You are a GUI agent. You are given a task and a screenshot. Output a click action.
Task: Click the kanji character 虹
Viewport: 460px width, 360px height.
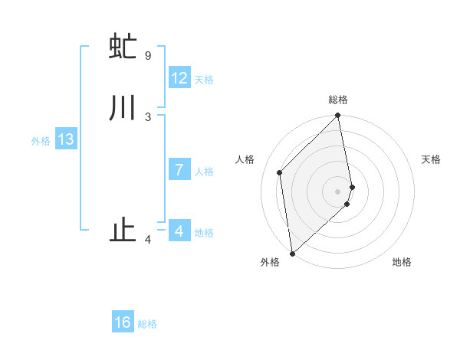[x=123, y=47]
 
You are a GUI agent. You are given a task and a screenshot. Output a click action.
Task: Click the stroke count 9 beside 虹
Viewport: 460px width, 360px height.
[x=147, y=55]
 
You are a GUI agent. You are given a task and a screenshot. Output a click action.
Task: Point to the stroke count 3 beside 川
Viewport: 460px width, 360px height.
[x=147, y=116]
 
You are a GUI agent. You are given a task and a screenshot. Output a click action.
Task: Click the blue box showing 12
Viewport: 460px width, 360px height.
[x=179, y=78]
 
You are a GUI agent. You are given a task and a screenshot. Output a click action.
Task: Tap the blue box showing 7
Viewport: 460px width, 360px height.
[x=179, y=170]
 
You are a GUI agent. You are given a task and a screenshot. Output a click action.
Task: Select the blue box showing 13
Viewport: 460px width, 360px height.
[x=66, y=139]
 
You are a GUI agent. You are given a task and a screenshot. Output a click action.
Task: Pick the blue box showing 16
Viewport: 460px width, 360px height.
[x=123, y=322]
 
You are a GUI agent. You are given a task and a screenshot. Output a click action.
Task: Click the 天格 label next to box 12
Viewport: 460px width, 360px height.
[x=204, y=79]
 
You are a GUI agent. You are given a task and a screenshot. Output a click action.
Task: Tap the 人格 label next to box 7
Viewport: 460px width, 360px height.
[x=204, y=171]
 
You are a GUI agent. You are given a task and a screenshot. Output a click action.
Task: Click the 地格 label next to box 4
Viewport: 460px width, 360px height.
[x=204, y=232]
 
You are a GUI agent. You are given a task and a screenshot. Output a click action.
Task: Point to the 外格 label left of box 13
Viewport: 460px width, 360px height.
[x=41, y=140]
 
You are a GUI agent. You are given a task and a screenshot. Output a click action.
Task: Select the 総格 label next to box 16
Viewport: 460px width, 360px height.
[x=147, y=323]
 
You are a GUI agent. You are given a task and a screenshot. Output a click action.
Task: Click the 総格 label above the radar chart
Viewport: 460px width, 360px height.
[x=338, y=100]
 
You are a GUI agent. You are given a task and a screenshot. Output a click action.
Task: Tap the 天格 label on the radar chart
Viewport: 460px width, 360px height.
[x=431, y=159]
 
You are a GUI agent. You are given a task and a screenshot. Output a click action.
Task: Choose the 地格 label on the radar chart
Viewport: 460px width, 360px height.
[x=402, y=262]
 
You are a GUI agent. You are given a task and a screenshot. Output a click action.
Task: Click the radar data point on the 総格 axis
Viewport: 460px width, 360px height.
[x=338, y=116]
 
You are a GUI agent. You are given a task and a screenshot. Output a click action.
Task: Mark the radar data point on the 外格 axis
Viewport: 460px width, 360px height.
[x=292, y=253]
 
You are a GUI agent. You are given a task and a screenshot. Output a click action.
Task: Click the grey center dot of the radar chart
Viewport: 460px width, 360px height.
[x=338, y=191]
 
